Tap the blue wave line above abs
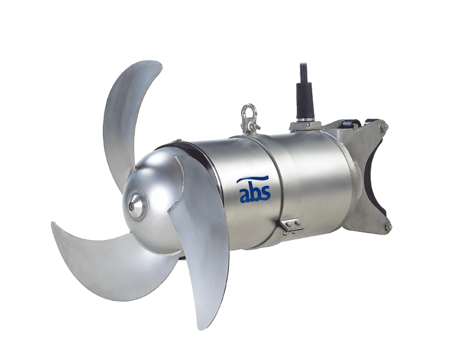[x=253, y=180]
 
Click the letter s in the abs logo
[x=266, y=194]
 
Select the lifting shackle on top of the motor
[x=249, y=119]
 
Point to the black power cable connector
[x=304, y=101]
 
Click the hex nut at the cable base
[x=305, y=126]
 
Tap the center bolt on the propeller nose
[x=131, y=206]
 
